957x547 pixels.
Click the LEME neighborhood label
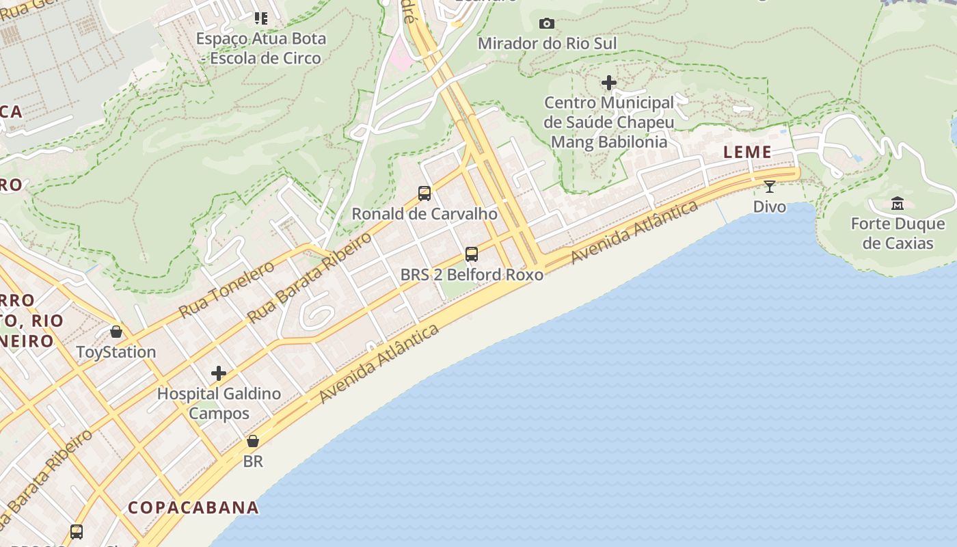tap(747, 152)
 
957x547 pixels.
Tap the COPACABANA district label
tap(193, 507)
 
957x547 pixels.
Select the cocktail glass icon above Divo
tap(770, 186)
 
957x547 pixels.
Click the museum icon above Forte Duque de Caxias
tap(898, 203)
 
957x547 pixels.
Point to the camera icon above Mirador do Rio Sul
tap(546, 23)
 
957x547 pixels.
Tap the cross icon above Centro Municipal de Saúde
tap(608, 83)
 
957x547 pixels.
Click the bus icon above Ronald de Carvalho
tap(424, 193)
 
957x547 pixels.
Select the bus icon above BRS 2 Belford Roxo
tap(472, 254)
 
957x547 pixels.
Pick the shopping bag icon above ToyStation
tap(116, 332)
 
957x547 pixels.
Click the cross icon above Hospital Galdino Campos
tap(219, 373)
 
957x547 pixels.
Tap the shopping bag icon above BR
tap(253, 441)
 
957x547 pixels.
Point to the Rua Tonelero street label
tap(226, 289)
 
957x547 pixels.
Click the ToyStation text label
tap(116, 352)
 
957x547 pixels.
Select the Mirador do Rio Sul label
tap(547, 44)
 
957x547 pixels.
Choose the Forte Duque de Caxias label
tap(898, 233)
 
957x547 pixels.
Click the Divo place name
tap(770, 206)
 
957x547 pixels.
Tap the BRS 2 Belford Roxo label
tap(472, 275)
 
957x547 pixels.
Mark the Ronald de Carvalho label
tap(424, 213)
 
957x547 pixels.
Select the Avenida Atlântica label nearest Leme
tap(635, 232)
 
